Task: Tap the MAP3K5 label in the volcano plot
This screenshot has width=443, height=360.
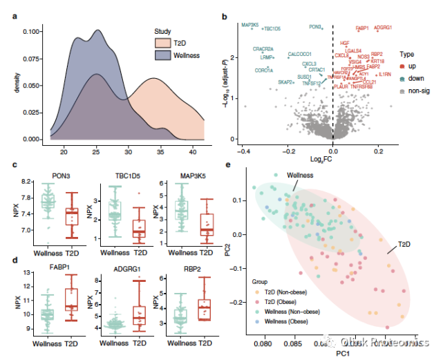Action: coord(250,25)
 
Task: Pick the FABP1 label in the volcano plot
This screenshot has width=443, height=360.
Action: coord(362,28)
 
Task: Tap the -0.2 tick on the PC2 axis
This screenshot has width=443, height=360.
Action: coord(245,302)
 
